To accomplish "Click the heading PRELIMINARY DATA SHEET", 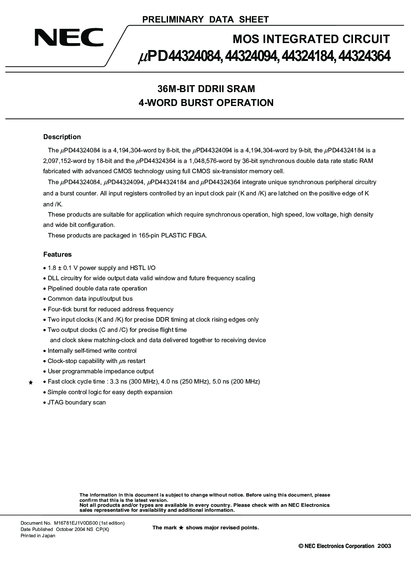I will [206, 20].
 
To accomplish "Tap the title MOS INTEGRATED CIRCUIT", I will [311, 39].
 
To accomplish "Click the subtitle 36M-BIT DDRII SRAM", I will [206, 89].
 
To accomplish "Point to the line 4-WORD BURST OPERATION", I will [206, 103].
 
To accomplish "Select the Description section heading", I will [62, 137].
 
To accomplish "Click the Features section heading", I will [57, 254].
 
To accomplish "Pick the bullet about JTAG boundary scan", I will [76, 402].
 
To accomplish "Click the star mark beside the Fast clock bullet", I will [30, 383].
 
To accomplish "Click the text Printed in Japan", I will [38, 536].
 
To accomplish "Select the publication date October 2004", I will [70, 529].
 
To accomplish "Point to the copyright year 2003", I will [384, 546].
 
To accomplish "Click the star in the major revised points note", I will [181, 528].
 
